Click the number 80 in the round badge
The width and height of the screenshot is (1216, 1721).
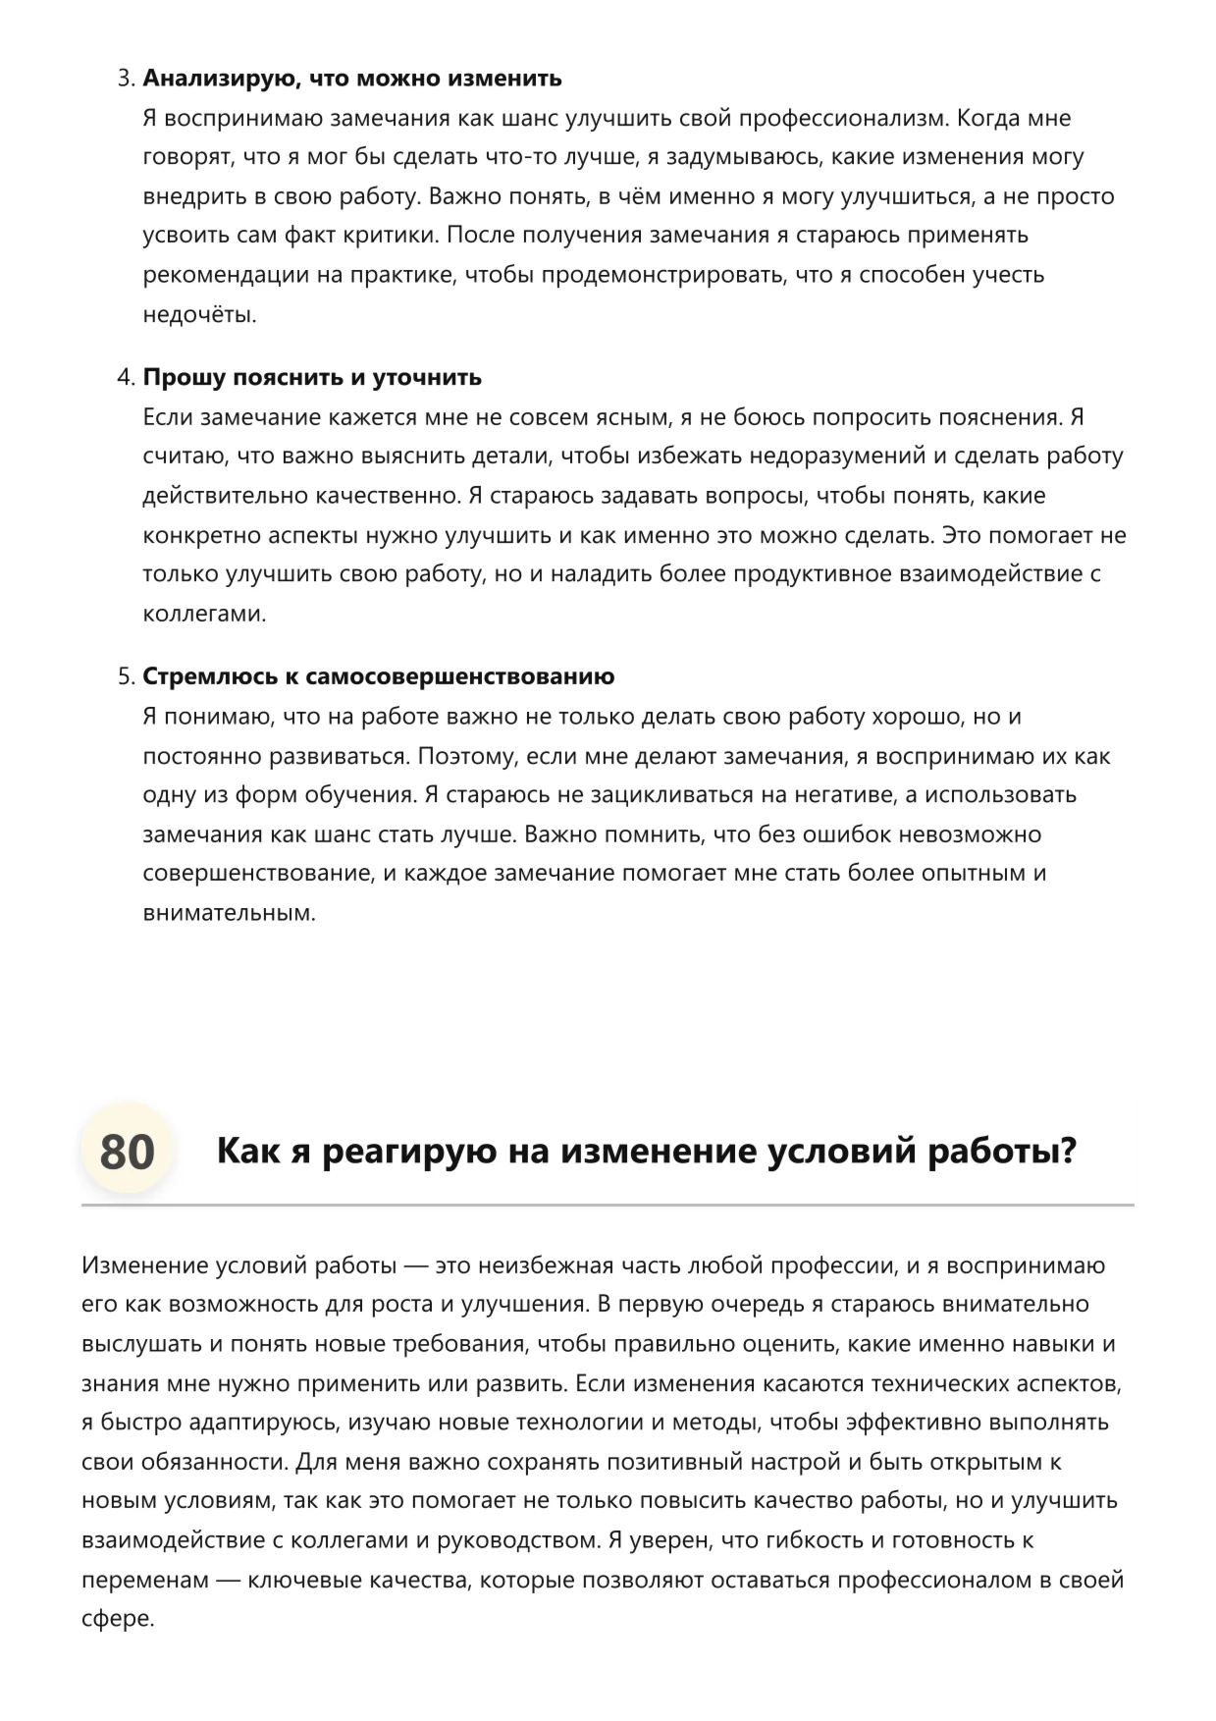coord(127,1151)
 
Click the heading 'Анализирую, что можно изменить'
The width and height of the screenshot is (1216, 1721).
coord(352,79)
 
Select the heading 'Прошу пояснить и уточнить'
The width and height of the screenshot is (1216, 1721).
coord(312,378)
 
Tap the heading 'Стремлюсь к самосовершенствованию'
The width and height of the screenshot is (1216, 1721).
coord(379,676)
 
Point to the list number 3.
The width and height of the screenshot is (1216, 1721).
coord(125,79)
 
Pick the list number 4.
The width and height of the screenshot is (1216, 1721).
coord(125,378)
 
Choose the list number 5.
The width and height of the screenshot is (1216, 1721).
coord(125,676)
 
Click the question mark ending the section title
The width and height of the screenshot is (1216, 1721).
coord(1067,1151)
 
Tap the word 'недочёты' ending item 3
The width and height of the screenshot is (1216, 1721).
coord(199,315)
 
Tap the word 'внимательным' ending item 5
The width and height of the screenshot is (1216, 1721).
coord(229,913)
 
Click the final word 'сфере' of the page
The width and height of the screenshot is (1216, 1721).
coord(118,1619)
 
